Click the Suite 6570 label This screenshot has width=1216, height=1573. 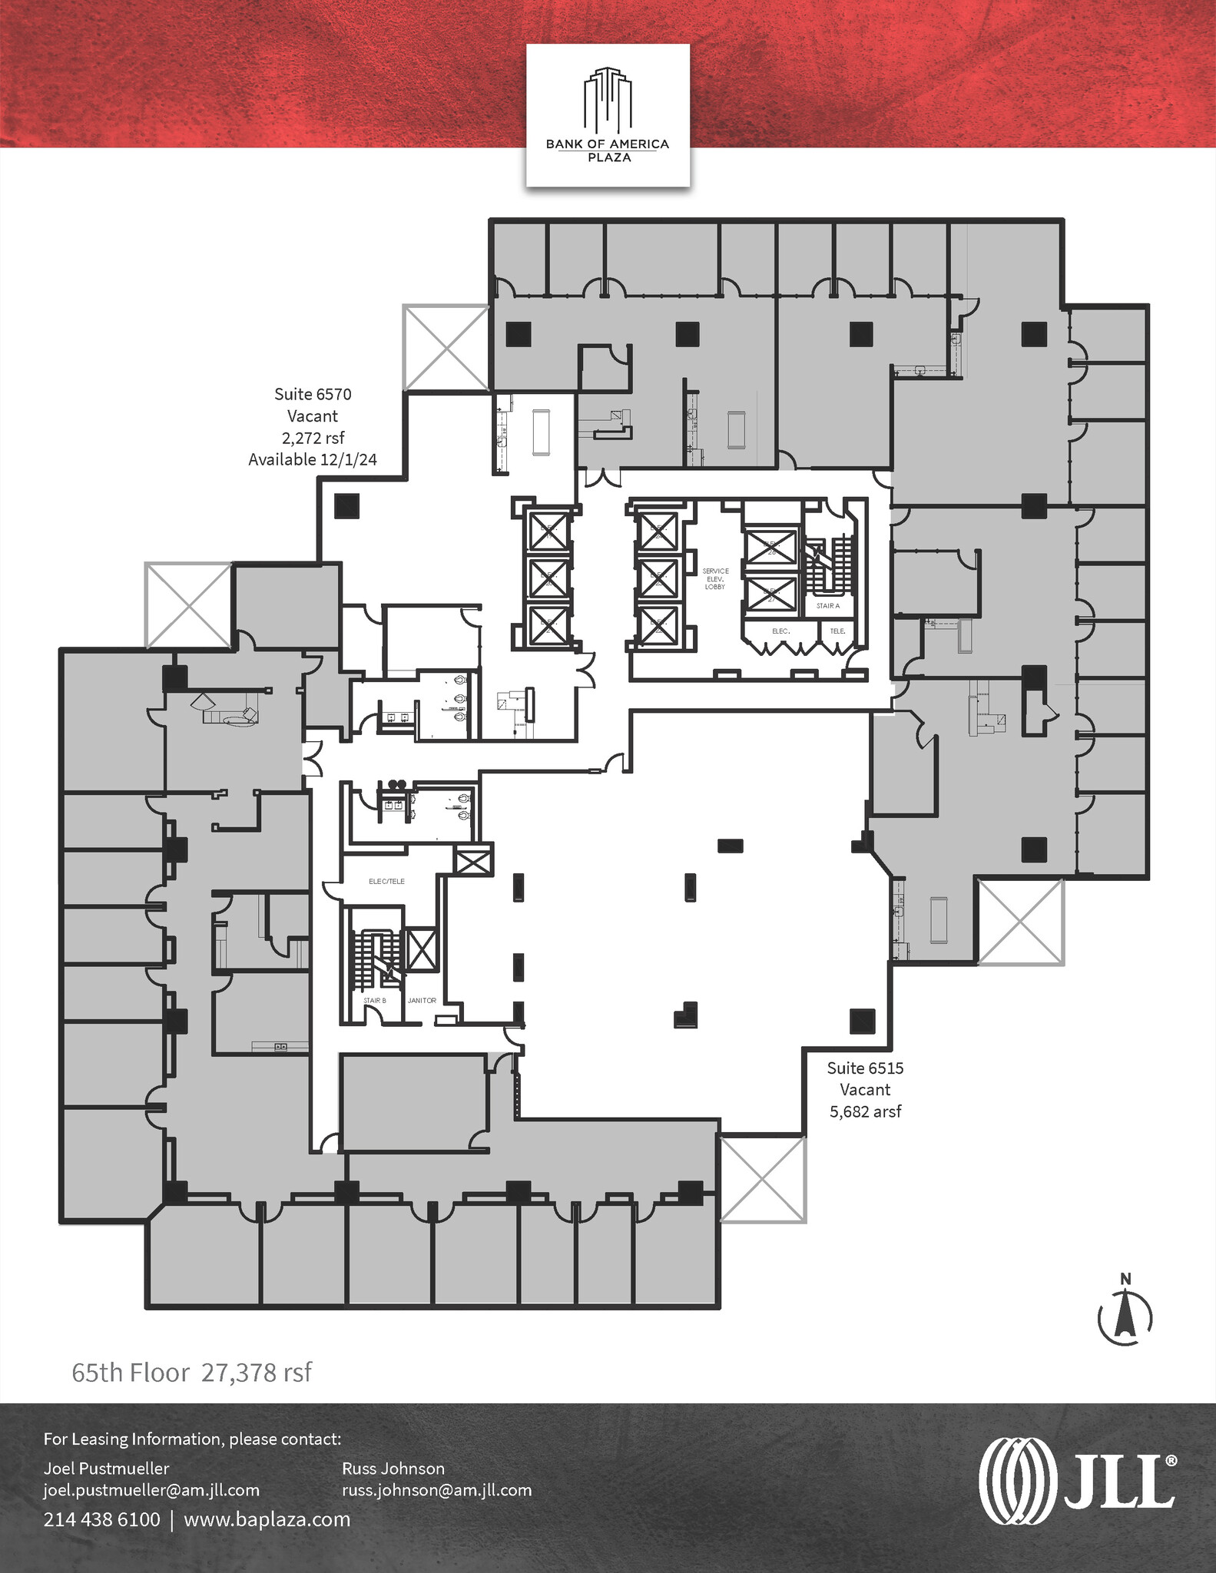coord(313,395)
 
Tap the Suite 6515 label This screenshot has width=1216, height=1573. coord(865,1068)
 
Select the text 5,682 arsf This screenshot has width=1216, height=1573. coord(865,1111)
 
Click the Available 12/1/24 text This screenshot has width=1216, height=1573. coord(313,459)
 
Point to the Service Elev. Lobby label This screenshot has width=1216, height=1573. coord(715,579)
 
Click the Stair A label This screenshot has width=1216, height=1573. coord(828,606)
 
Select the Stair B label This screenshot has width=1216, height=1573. coord(375,1001)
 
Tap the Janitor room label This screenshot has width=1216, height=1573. coord(422,1001)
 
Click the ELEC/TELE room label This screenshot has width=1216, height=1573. coord(386,882)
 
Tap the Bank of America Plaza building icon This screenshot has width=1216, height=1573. coord(608,100)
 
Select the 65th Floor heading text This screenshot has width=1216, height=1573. coord(131,1373)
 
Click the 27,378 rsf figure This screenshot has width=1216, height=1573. coord(257,1373)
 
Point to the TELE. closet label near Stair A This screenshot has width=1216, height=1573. coord(837,631)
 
